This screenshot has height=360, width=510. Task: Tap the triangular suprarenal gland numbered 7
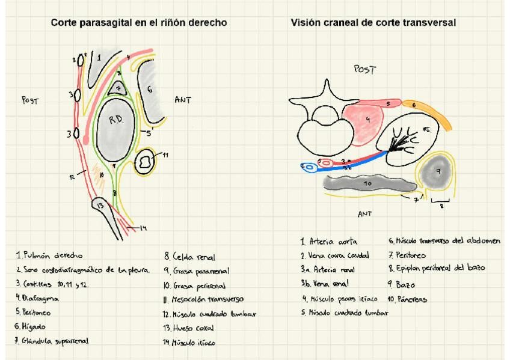point(120,88)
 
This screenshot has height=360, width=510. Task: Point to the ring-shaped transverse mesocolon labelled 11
point(146,162)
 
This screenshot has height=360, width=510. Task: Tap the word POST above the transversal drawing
point(364,70)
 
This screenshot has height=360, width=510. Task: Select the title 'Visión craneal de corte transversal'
point(373,23)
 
